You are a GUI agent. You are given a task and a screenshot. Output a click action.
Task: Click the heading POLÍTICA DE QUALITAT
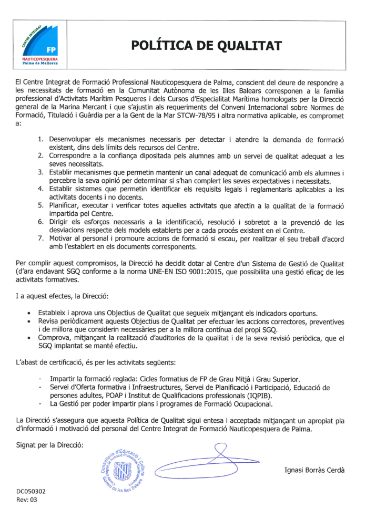point(206,46)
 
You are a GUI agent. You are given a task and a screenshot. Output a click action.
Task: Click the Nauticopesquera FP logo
point(44,46)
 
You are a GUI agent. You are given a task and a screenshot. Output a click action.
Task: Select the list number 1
point(42,139)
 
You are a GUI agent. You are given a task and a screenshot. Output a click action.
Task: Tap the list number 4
point(42,189)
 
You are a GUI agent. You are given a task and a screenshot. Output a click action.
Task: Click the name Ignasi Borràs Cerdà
point(314,469)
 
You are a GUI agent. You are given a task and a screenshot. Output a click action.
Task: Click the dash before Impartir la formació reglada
point(41,378)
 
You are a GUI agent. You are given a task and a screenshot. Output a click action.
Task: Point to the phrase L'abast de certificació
point(55,363)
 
